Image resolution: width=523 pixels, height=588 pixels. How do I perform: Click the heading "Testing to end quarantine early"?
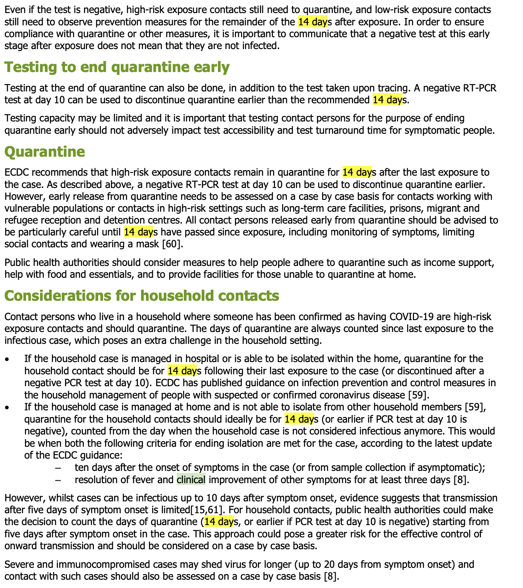pyautogui.click(x=117, y=67)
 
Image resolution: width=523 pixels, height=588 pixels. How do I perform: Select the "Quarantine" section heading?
pyautogui.click(x=44, y=152)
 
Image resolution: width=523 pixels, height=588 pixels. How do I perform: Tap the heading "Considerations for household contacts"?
pyautogui.click(x=141, y=296)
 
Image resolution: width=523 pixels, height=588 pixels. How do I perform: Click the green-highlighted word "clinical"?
pyautogui.click(x=191, y=480)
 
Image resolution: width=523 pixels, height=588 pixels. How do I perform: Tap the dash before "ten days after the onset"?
pyautogui.click(x=58, y=468)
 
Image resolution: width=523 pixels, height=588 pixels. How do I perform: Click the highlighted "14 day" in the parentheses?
pyautogui.click(x=219, y=522)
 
